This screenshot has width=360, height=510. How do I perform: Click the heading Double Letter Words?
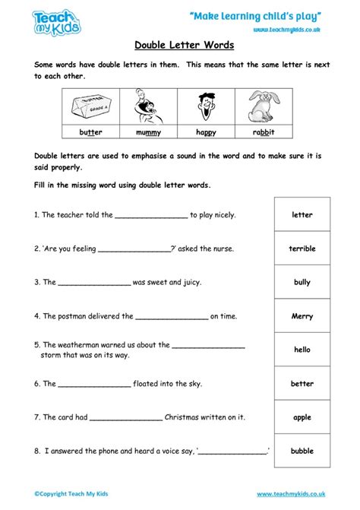pyautogui.click(x=180, y=46)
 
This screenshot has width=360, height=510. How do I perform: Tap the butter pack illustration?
pyautogui.click(x=91, y=106)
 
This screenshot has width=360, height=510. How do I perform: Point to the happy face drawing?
pyautogui.click(x=206, y=106)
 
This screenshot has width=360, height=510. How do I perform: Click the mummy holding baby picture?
pyautogui.click(x=149, y=106)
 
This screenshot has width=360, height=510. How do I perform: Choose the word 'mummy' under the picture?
pyautogui.click(x=149, y=132)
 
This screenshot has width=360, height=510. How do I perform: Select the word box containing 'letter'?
pyautogui.click(x=302, y=215)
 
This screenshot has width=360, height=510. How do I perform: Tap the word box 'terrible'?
pyautogui.click(x=302, y=249)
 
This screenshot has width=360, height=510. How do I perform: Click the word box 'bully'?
pyautogui.click(x=302, y=282)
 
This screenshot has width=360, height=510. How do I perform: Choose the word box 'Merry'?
pyautogui.click(x=302, y=315)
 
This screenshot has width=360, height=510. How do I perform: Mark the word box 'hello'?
pyautogui.click(x=302, y=350)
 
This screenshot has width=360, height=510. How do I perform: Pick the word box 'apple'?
pyautogui.click(x=302, y=417)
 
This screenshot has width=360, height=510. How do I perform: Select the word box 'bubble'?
pyautogui.click(x=302, y=451)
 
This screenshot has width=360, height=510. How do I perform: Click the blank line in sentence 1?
pyautogui.click(x=150, y=217)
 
